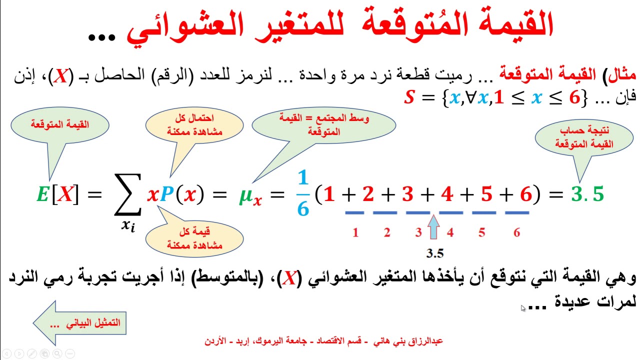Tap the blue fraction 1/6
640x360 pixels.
pyautogui.click(x=302, y=193)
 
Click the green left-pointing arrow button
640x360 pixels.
pyautogui.click(x=77, y=322)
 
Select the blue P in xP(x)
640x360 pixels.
pyautogui.click(x=166, y=194)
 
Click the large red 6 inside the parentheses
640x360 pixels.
pyautogui.click(x=525, y=194)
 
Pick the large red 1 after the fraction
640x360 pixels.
pyautogui.click(x=328, y=194)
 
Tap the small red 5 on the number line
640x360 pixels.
pyautogui.click(x=481, y=232)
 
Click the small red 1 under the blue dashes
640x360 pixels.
pyautogui.click(x=355, y=232)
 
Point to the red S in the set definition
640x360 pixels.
pyautogui.click(x=410, y=97)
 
